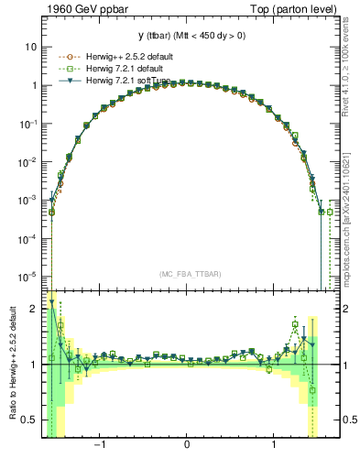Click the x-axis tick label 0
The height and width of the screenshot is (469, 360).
187,446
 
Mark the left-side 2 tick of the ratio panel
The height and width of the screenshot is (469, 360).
36,310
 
